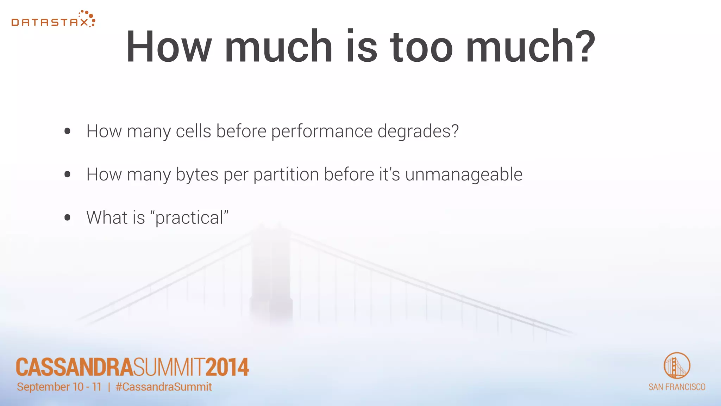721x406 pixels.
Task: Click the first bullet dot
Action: point(68,131)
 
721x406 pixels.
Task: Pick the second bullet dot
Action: point(68,174)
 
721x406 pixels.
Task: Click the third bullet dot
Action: point(68,218)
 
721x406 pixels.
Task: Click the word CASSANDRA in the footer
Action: point(74,367)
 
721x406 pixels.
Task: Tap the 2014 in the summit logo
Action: point(227,367)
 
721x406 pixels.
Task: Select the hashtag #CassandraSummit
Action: point(164,387)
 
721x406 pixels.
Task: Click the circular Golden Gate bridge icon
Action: point(677,365)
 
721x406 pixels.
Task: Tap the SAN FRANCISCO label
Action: point(677,387)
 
